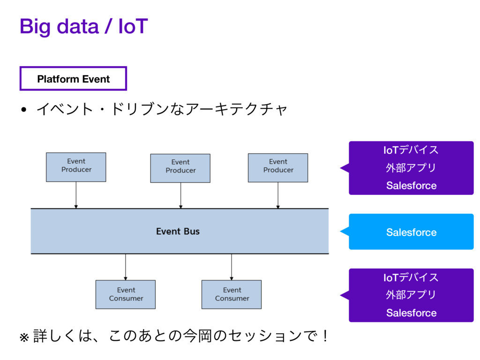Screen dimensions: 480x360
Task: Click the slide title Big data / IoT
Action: tap(84, 27)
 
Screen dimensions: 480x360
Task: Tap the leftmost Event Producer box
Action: tap(76, 167)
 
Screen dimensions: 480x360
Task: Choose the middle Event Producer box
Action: tap(180, 168)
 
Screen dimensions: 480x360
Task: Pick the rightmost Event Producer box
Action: tap(278, 168)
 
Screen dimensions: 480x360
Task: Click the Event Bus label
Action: tap(178, 232)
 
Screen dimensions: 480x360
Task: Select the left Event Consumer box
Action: tap(126, 294)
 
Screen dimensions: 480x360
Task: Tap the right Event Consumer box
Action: tap(232, 294)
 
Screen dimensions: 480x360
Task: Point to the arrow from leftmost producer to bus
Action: tap(76, 195)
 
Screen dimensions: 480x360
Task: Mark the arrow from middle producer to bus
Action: tap(180, 195)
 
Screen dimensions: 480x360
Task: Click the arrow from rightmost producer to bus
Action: tap(278, 195)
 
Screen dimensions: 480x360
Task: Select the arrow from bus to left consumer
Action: tap(126, 267)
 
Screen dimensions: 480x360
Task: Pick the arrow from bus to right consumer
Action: tap(232, 267)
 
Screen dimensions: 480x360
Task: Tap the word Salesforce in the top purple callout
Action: tap(412, 186)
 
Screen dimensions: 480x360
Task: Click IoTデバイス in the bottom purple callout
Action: tap(411, 277)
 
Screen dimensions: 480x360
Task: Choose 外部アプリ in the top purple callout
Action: tap(411, 168)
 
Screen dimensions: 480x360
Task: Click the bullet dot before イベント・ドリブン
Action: tap(24, 110)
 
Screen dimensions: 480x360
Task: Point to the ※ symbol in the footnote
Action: tap(24, 337)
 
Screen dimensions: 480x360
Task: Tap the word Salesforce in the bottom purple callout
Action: tap(412, 313)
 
